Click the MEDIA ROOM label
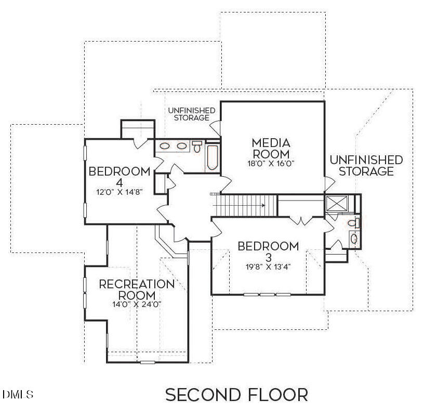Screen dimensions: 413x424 [x=271, y=148]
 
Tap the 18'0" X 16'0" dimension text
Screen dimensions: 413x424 [x=271, y=163]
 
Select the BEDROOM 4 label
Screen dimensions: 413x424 [x=120, y=177]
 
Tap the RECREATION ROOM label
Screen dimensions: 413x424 [x=137, y=289]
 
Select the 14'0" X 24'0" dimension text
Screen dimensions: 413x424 [x=137, y=304]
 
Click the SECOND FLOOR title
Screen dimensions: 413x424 [x=236, y=395]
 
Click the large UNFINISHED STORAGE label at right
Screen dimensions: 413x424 [x=366, y=165]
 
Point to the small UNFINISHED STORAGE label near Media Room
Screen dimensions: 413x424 [x=191, y=114]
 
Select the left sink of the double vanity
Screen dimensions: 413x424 [x=165, y=146]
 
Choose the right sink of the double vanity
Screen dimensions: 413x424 [x=182, y=146]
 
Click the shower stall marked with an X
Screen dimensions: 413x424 [x=336, y=203]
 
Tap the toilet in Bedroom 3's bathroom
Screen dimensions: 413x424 [x=353, y=223]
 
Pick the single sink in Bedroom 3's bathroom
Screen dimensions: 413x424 [x=354, y=238]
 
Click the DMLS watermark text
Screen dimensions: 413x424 [x=18, y=395]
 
